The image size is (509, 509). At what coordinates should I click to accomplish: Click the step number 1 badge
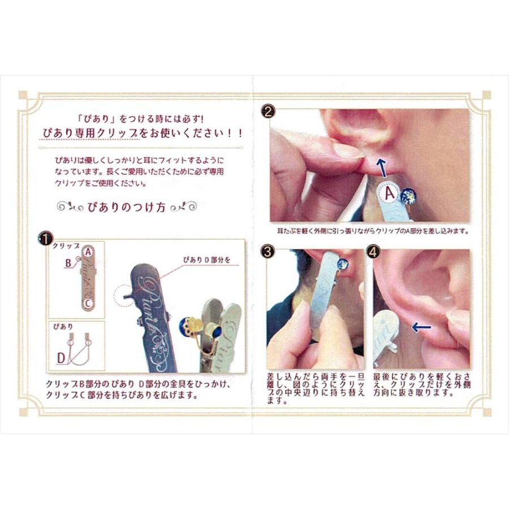45,239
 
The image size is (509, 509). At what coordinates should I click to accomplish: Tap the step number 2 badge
268,111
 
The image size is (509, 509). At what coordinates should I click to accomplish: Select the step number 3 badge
268,251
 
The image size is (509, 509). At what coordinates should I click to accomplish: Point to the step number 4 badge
373,251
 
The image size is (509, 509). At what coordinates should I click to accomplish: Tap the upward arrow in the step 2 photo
382,167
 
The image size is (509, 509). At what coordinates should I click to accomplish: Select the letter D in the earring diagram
61,359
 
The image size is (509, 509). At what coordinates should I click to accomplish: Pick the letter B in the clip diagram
68,262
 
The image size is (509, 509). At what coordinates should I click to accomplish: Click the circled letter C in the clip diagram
88,304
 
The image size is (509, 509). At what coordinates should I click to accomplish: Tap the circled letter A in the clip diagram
88,252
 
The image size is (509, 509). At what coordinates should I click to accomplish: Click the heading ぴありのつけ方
127,207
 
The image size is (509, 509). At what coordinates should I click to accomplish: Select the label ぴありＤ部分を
207,260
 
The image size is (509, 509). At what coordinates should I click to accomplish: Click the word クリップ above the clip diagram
66,246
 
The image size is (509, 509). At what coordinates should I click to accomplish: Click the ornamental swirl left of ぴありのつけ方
70,207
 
